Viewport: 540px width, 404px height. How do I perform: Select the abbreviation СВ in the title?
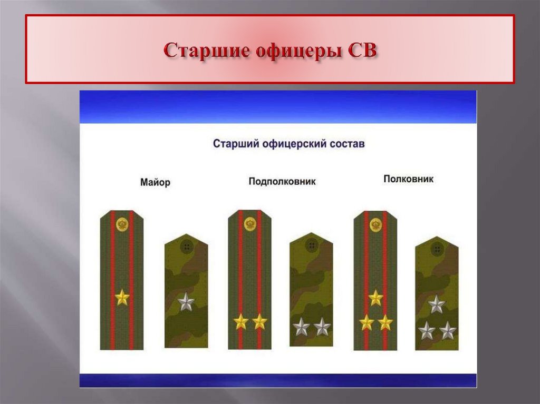tap(360, 51)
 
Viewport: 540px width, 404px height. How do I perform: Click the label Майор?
tap(156, 183)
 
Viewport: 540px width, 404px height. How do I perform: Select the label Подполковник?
tap(282, 182)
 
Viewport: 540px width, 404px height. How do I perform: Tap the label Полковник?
tap(408, 179)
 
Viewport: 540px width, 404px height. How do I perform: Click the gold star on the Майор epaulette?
tap(122, 298)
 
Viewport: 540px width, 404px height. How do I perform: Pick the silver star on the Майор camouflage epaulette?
tap(186, 302)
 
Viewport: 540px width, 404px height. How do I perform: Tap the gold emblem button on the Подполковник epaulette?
tap(249, 224)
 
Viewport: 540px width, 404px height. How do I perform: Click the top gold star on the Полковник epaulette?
tap(375, 298)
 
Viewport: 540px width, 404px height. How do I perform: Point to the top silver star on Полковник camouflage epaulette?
tap(436, 304)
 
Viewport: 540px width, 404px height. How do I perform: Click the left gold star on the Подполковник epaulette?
tap(241, 321)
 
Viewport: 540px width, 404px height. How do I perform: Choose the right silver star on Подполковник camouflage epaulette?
tap(322, 327)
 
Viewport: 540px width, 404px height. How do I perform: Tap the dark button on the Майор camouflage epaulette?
tap(186, 247)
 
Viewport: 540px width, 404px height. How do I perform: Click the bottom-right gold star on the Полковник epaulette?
tap(385, 322)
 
